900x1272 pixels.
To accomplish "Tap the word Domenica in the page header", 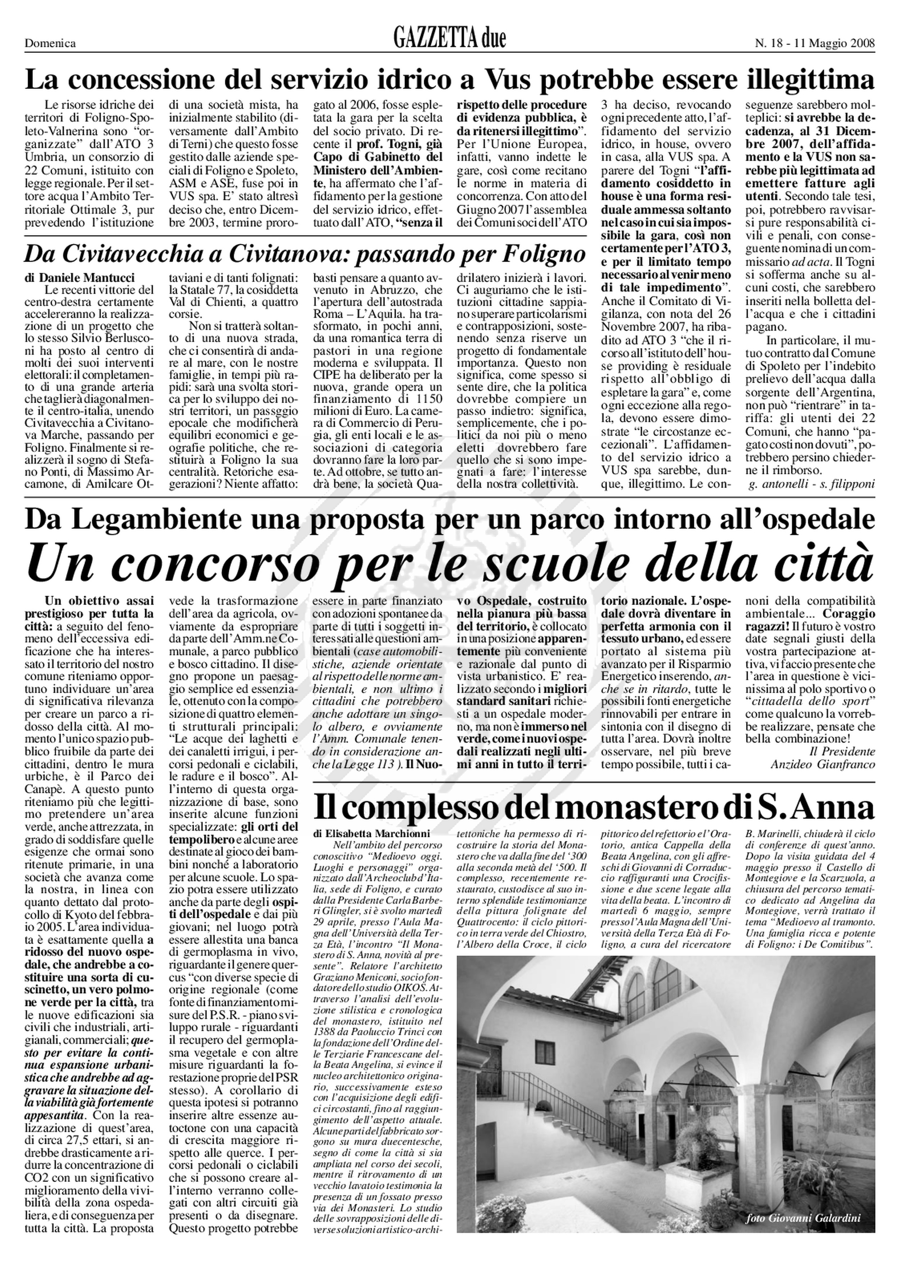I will pyautogui.click(x=50, y=43).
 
